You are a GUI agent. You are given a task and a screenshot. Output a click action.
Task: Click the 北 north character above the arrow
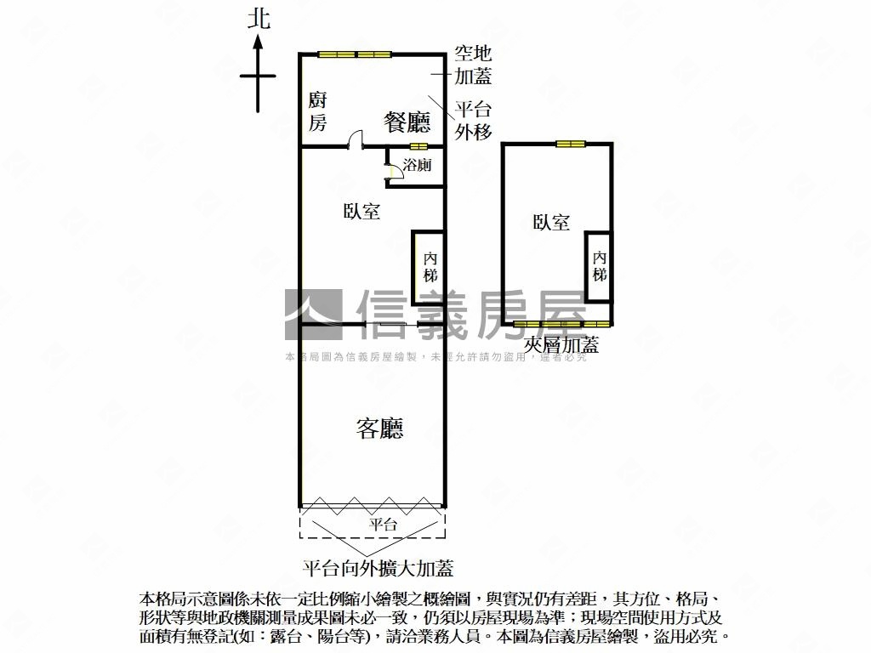coord(259,19)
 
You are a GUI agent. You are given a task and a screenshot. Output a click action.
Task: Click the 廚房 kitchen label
coord(317,111)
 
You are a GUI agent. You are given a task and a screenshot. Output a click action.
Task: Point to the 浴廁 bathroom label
coord(417,166)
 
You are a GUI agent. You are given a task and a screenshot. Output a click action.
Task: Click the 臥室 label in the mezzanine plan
coord(551,223)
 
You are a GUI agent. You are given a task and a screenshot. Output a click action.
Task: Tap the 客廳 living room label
coord(379,429)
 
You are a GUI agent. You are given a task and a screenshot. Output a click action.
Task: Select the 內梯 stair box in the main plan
coord(429,267)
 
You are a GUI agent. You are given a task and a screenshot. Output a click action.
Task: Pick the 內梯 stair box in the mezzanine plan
coord(600,266)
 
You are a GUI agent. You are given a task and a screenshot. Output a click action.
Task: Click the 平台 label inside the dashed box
coord(383,525)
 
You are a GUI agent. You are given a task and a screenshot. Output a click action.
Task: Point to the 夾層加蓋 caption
coord(561,344)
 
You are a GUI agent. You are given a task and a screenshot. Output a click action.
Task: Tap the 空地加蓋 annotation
coord(473,65)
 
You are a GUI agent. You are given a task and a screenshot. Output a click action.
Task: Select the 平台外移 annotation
coord(473,120)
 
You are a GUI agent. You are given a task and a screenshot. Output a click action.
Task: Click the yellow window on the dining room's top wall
coord(355,55)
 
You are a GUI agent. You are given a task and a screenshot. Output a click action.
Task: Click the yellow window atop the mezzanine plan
coord(571,143)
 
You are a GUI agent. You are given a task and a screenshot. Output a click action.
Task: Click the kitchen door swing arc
coord(356,138)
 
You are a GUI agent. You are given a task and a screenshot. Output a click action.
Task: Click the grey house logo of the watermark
coord(313,315)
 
